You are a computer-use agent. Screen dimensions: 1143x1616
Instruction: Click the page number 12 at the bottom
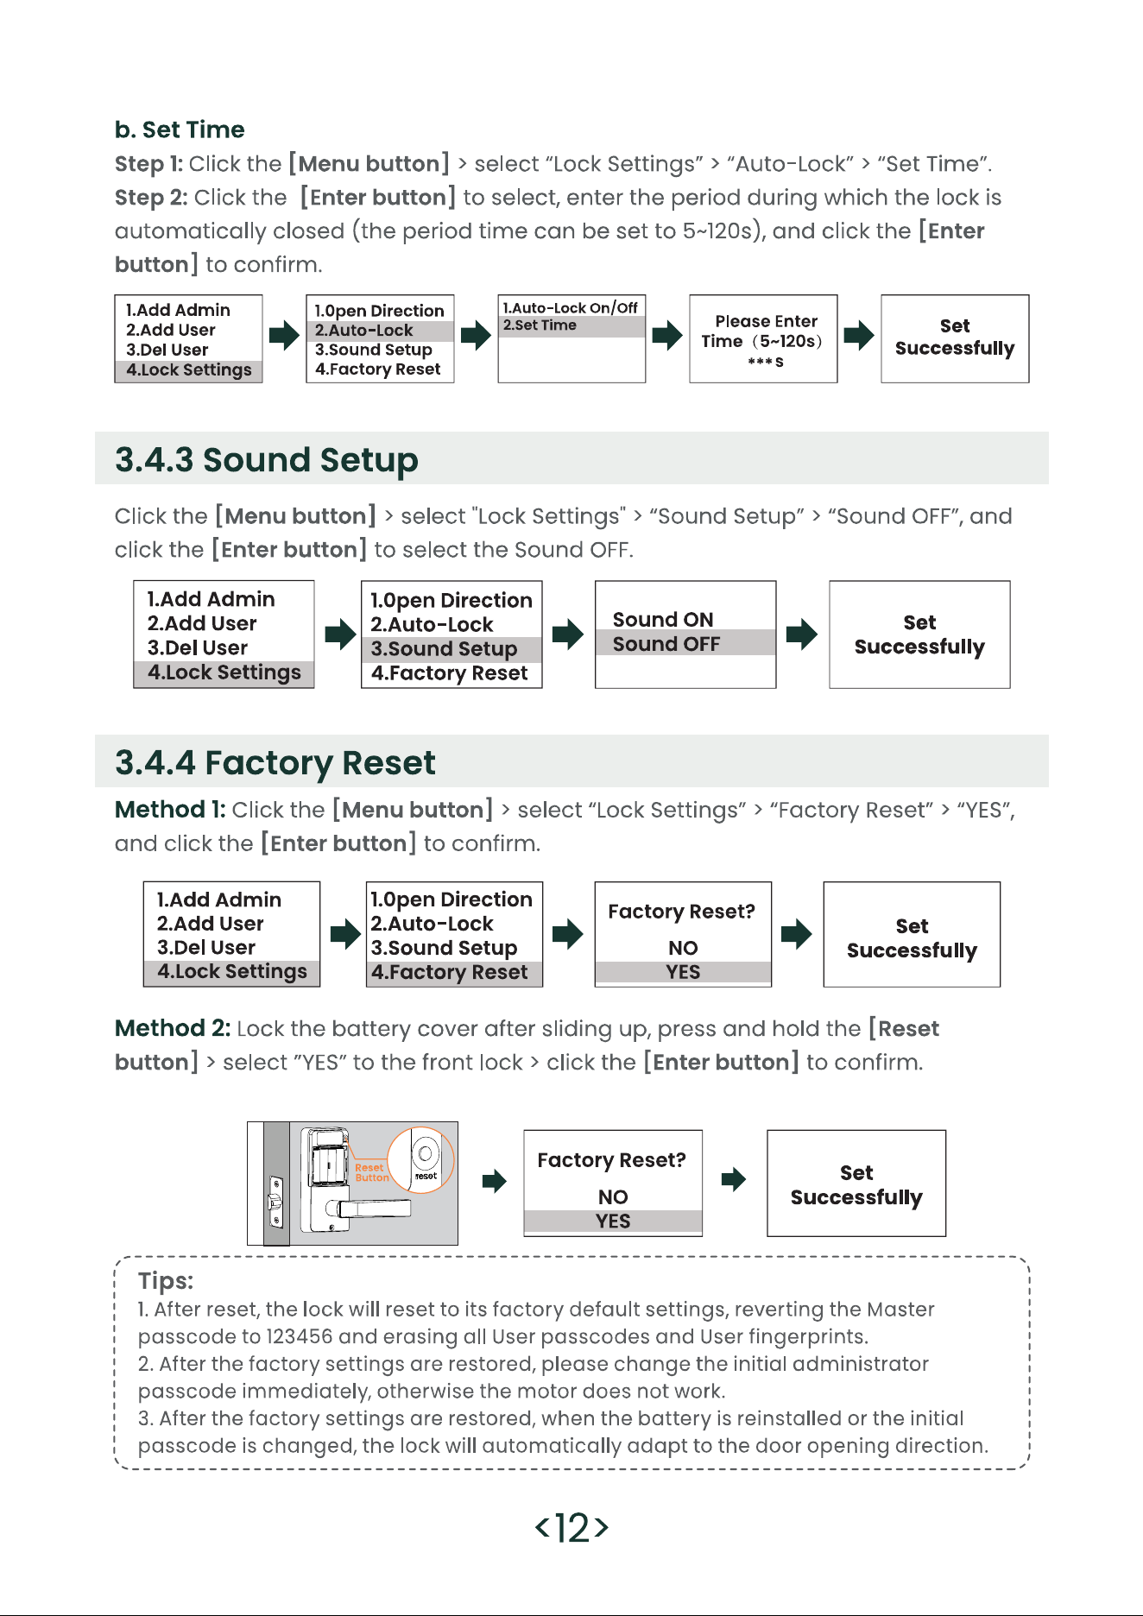[x=572, y=1527]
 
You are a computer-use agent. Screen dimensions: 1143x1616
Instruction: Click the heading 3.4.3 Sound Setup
[x=267, y=460]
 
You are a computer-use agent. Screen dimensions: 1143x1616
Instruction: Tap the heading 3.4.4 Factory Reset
[x=275, y=763]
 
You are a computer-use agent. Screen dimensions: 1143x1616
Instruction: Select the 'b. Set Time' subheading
[x=180, y=129]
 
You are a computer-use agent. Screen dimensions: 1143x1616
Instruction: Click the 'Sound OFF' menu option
[x=666, y=644]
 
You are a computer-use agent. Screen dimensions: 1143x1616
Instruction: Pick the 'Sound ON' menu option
[x=663, y=620]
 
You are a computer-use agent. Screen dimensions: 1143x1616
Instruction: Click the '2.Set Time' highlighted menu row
[x=571, y=325]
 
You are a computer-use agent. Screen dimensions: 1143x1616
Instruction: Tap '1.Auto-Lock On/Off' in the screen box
[x=571, y=307]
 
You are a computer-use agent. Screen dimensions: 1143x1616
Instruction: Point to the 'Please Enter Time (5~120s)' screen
[x=763, y=338]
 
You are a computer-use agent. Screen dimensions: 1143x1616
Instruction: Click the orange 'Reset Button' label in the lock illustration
[x=371, y=1172]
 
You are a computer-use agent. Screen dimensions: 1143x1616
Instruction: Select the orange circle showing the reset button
[x=421, y=1160]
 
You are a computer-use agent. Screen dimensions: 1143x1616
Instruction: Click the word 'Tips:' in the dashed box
[x=166, y=1281]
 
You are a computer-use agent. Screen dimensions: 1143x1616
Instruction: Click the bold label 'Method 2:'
[x=173, y=1028]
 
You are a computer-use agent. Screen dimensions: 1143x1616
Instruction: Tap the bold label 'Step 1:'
[x=148, y=164]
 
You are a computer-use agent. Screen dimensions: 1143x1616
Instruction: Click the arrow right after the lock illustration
[x=494, y=1180]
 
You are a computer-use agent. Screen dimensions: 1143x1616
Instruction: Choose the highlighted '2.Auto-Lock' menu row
[x=380, y=331]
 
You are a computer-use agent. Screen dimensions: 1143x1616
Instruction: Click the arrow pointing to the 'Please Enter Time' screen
[x=667, y=335]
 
